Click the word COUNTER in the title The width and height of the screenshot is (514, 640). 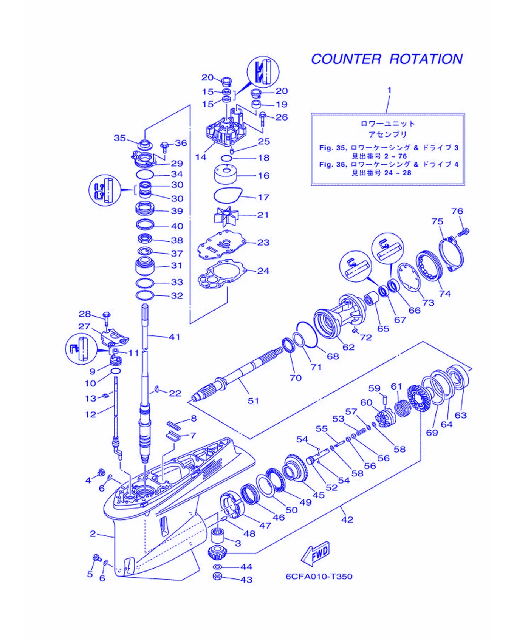(346, 59)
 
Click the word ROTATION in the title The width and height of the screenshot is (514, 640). (426, 59)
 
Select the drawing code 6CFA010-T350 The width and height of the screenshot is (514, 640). (319, 577)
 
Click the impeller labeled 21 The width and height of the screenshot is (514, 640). (226, 216)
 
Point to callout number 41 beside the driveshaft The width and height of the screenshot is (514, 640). (174, 337)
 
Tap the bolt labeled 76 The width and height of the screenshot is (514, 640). (463, 232)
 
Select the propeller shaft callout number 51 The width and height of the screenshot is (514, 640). (253, 401)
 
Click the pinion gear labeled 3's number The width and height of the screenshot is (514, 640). (238, 543)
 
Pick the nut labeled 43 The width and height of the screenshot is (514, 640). (217, 576)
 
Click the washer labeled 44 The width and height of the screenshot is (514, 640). (218, 567)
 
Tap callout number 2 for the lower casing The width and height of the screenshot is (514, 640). (93, 534)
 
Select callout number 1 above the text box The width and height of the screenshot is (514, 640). (389, 90)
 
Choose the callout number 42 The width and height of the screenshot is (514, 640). (347, 520)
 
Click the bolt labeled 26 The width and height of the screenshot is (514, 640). (263, 119)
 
